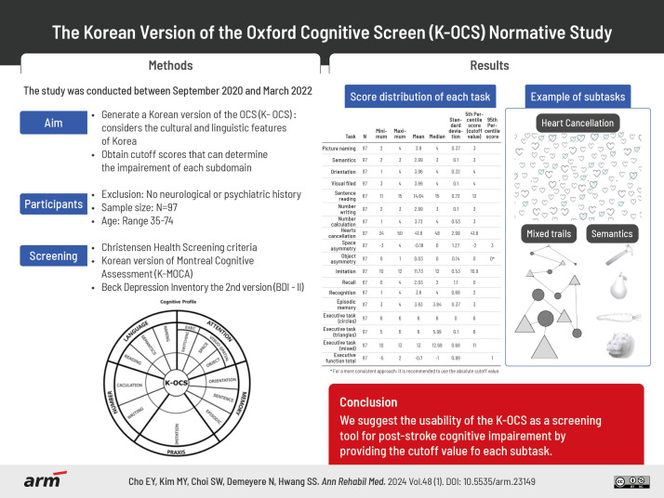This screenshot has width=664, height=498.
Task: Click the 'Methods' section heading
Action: click(x=171, y=66)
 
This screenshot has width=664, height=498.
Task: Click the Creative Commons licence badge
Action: click(x=631, y=480)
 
